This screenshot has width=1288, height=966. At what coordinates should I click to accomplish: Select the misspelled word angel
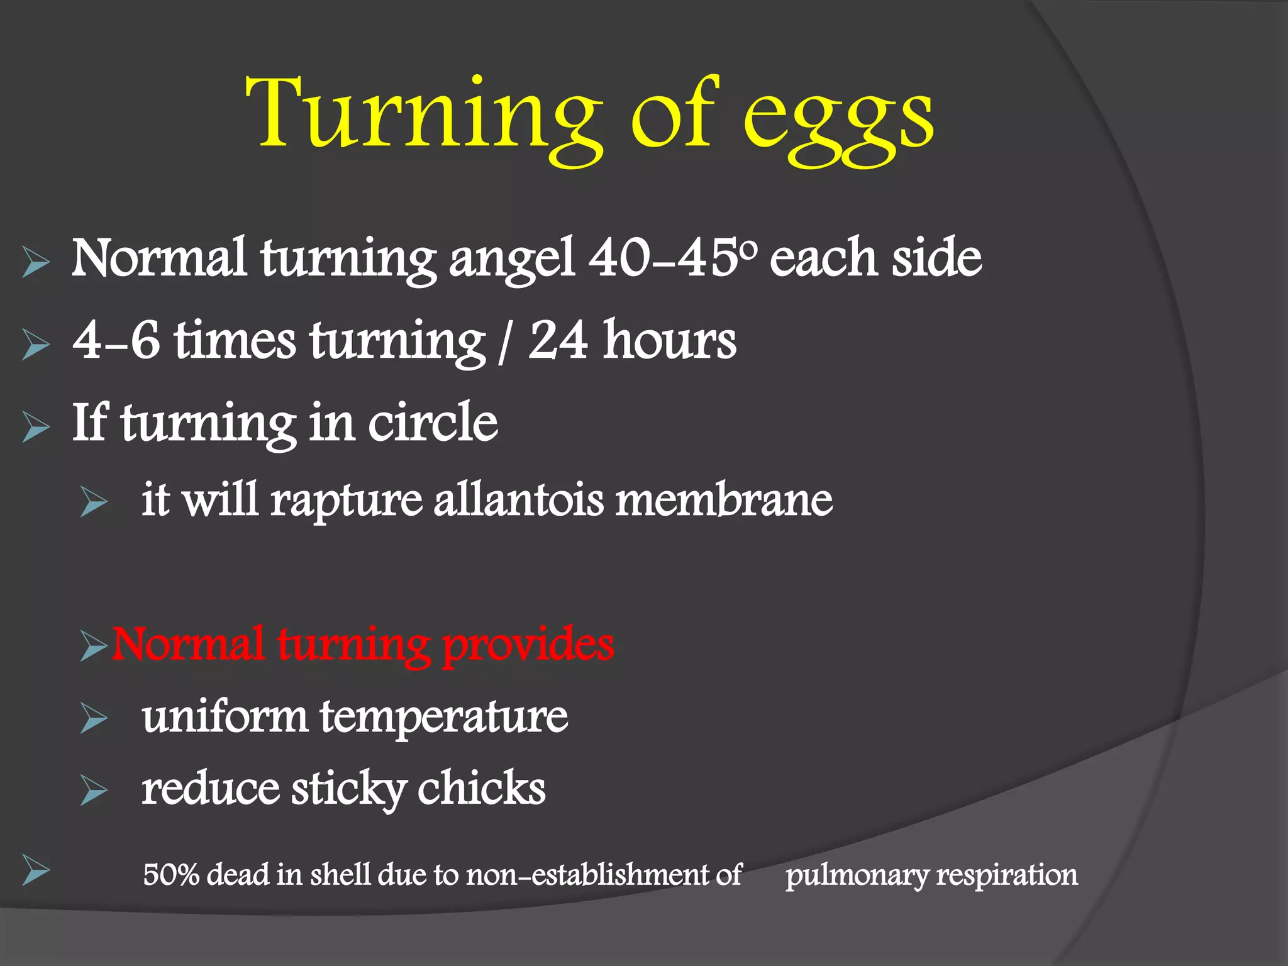(511, 259)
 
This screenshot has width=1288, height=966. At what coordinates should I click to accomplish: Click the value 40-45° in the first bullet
(673, 258)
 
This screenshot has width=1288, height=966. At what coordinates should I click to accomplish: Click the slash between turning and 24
(502, 343)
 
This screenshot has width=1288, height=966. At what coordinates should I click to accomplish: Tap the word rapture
(347, 501)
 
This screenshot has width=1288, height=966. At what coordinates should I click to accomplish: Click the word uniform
(225, 717)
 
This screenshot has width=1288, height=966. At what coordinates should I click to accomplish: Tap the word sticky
(348, 790)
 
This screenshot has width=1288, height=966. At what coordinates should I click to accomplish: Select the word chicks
(482, 789)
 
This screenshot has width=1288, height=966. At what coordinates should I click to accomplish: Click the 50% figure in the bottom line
(171, 875)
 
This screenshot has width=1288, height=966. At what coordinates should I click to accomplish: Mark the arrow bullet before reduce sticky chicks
(94, 791)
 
